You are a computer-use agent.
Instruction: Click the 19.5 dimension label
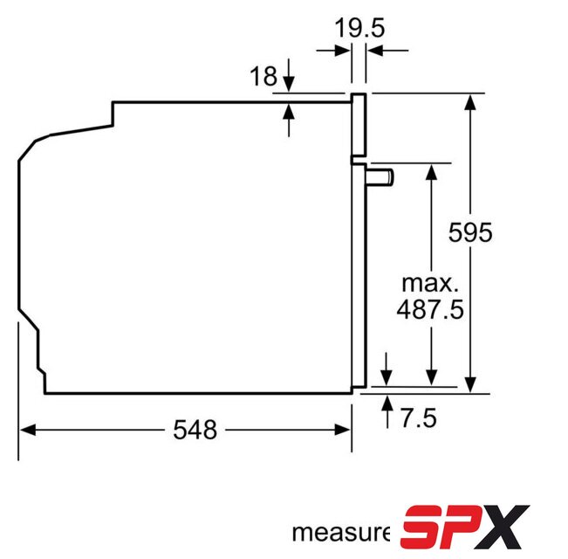coord(359,28)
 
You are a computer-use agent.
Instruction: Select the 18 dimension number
coord(263,76)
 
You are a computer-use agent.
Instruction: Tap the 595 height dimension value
coord(470,232)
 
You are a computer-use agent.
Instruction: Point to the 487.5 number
coord(430,309)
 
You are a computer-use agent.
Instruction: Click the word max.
coord(430,284)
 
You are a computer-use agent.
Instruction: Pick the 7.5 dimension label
coord(419,418)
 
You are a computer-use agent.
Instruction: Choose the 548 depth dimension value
coord(195,430)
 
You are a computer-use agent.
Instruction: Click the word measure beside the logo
coord(341,533)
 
